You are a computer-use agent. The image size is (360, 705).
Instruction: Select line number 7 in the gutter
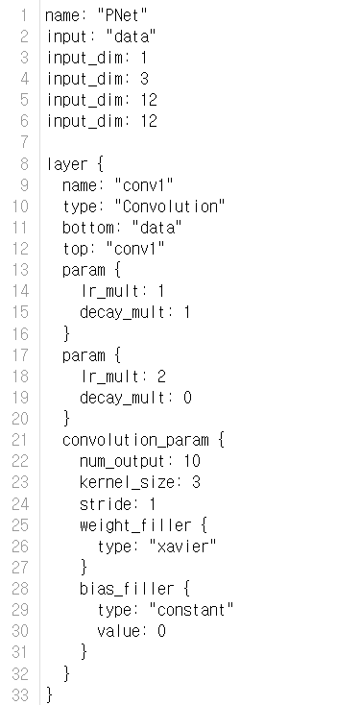point(23,142)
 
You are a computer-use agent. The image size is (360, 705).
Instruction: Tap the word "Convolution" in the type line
point(170,206)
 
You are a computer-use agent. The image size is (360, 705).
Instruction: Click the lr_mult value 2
point(160,377)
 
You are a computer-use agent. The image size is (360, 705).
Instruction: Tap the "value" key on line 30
point(119,630)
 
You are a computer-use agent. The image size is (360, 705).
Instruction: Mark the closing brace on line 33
point(49,693)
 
